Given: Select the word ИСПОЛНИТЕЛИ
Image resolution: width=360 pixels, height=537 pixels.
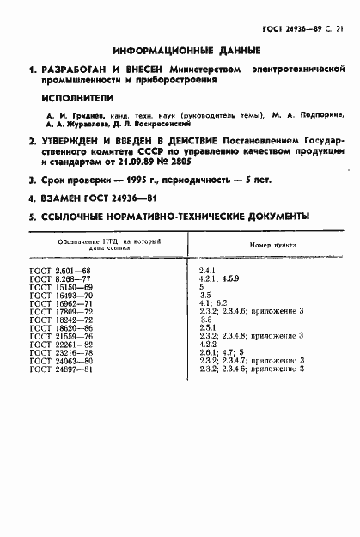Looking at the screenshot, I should click(73, 97).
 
